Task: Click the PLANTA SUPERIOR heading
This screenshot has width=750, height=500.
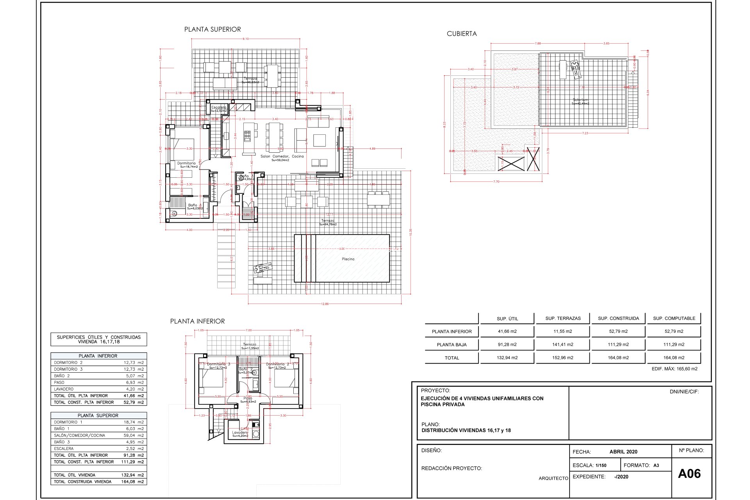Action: (x=212, y=29)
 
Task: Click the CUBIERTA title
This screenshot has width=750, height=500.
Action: (x=462, y=34)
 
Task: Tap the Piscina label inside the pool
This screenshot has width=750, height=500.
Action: (x=348, y=259)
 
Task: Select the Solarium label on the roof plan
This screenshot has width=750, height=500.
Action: (x=580, y=100)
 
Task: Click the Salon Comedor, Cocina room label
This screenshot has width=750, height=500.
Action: (x=282, y=156)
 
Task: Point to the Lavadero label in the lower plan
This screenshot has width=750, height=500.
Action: (x=240, y=432)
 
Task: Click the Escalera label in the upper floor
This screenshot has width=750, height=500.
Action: (x=219, y=107)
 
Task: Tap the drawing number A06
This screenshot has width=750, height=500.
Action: (x=689, y=473)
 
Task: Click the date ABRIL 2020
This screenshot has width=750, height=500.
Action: (x=623, y=452)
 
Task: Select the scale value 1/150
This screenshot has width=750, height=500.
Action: (x=601, y=465)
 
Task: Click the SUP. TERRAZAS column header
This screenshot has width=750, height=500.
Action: (x=563, y=318)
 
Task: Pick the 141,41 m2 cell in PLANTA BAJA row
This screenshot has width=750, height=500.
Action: (x=563, y=345)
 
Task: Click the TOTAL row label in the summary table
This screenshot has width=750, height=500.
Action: (x=452, y=358)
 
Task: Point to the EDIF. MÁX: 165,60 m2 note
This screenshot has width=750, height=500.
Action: (x=674, y=369)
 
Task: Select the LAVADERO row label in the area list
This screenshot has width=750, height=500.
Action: (x=64, y=389)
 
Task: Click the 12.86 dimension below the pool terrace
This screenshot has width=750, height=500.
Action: (x=325, y=304)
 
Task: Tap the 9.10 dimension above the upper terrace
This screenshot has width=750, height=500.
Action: (x=245, y=39)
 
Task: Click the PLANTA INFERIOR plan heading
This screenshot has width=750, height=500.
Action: (x=197, y=321)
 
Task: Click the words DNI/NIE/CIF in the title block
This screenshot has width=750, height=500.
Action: (x=684, y=391)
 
